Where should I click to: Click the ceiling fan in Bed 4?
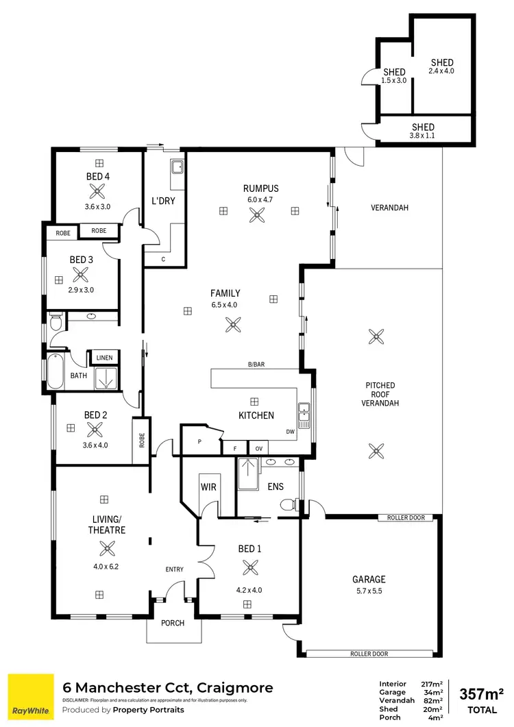click(x=99, y=192)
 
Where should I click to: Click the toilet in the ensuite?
click(x=291, y=505)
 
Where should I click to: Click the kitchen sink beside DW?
click(x=304, y=413)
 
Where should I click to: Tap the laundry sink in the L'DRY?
click(x=176, y=166)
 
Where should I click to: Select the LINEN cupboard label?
click(x=104, y=358)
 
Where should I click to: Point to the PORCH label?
click(x=173, y=623)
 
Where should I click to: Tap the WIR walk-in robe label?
click(x=208, y=486)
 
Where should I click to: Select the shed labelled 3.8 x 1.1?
click(x=423, y=130)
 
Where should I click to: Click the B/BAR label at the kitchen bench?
click(x=256, y=365)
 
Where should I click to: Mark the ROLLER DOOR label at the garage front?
click(x=369, y=654)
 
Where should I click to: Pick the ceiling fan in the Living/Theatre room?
click(x=108, y=547)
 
